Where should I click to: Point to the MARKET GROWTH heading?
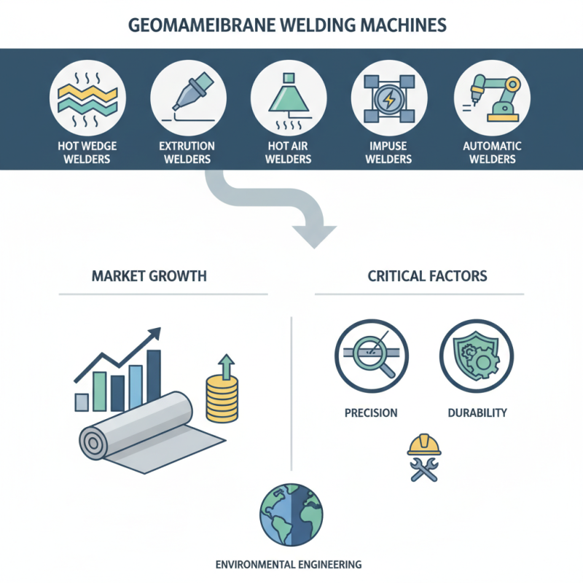[x=149, y=276]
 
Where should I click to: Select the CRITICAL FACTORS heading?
[x=428, y=276]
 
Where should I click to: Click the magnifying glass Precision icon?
[x=371, y=354]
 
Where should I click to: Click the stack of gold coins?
[x=222, y=401]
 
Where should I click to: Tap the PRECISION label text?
[x=371, y=412]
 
